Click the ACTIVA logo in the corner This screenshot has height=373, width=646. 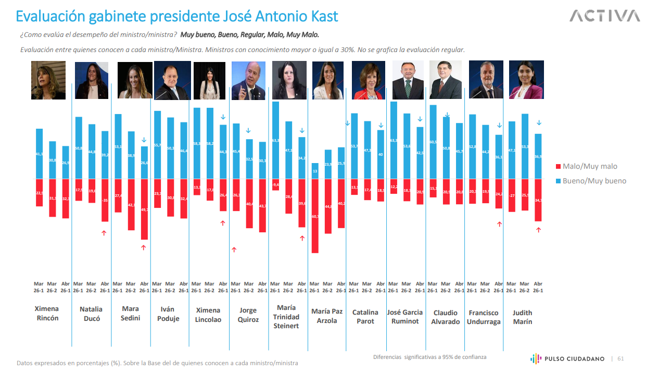[604, 16]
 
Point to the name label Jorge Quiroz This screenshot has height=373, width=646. [248, 315]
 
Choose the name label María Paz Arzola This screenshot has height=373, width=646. [327, 316]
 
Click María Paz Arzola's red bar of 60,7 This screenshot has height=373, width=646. [314, 216]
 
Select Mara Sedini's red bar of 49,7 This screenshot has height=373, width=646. [144, 209]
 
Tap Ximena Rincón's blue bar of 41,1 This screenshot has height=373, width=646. [39, 154]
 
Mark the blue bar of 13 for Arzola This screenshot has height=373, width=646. [314, 171]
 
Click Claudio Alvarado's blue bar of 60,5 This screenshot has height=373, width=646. [433, 142]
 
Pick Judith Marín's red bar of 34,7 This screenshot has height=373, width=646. [538, 200]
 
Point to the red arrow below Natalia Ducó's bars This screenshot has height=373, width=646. [105, 232]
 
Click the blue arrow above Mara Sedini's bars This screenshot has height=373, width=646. [144, 140]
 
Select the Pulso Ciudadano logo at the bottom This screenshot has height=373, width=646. [567, 358]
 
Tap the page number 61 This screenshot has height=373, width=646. [620, 358]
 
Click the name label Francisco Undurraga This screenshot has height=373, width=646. [484, 317]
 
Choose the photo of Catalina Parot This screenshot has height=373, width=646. [368, 80]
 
